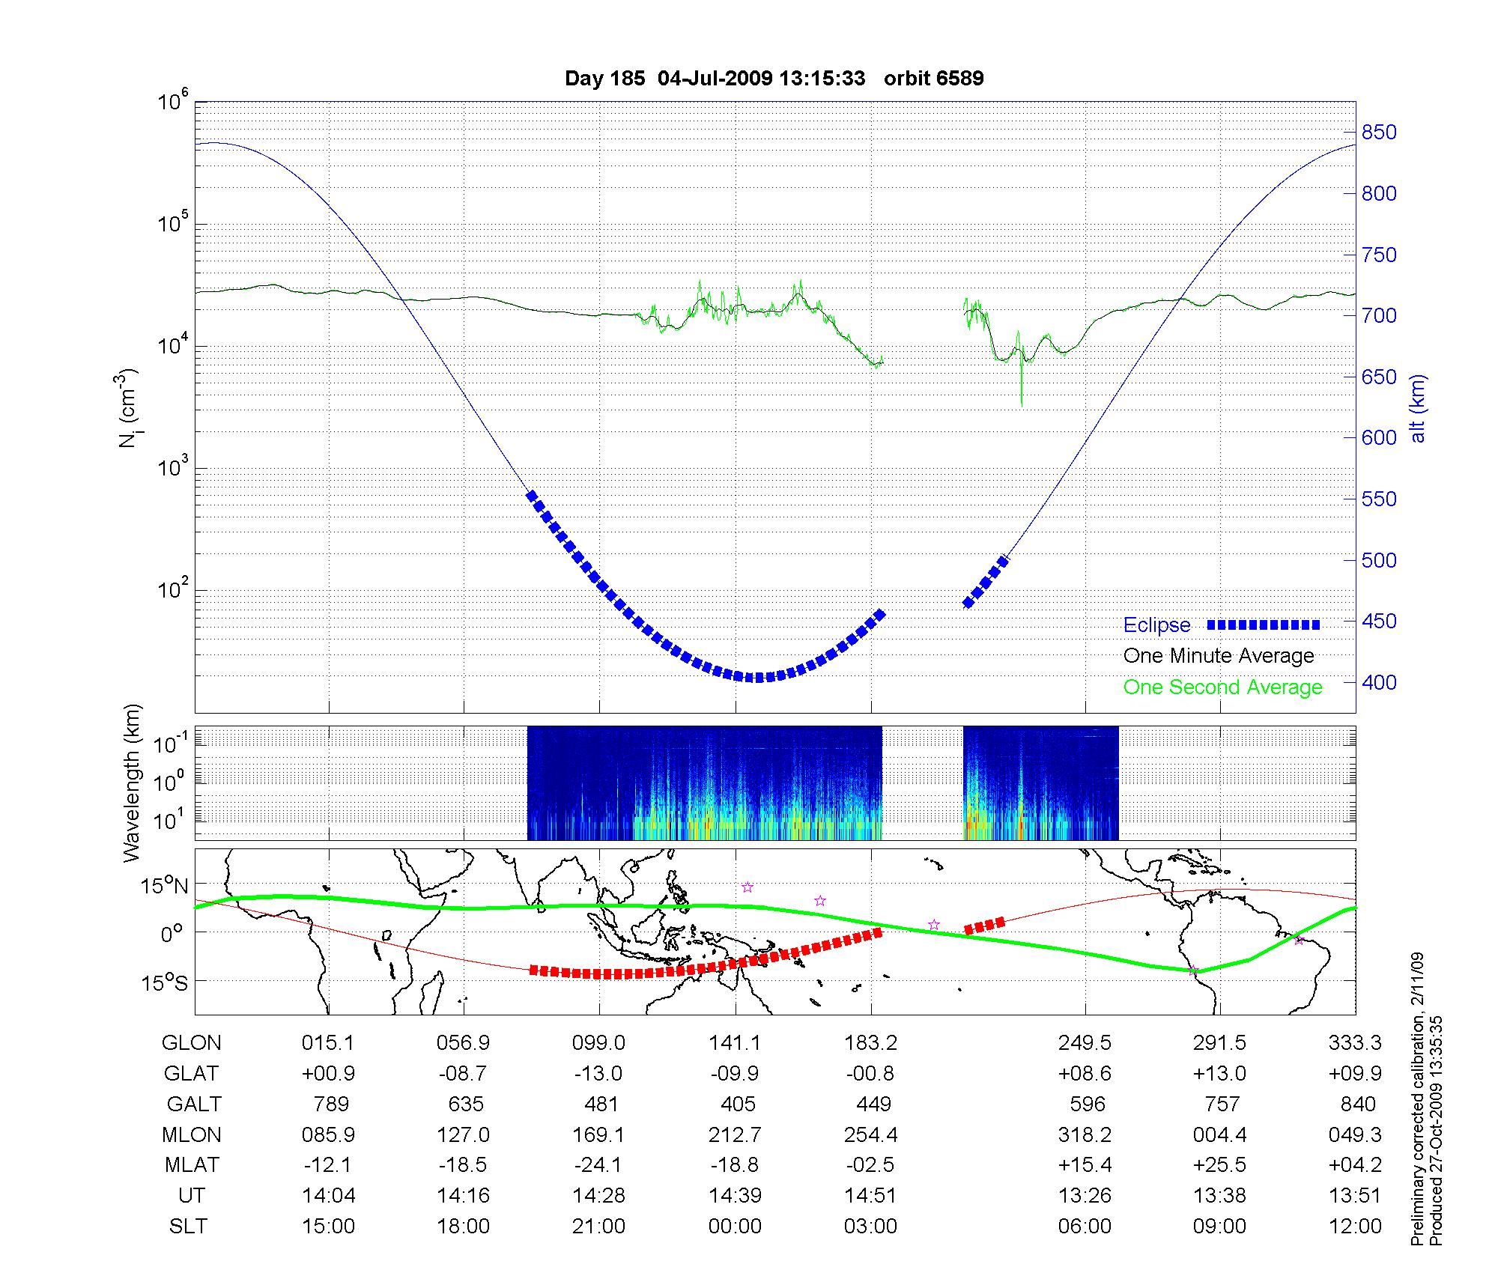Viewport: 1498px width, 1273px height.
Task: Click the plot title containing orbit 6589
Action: point(774,79)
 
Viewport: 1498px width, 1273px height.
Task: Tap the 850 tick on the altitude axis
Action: point(1379,133)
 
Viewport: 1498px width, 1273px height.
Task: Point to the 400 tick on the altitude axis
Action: point(1379,682)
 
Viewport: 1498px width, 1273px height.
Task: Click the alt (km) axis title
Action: point(1419,408)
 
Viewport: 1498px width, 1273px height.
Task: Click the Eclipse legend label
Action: point(1156,625)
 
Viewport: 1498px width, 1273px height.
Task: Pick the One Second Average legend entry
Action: point(1222,687)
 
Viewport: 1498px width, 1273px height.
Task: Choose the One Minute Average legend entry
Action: point(1219,656)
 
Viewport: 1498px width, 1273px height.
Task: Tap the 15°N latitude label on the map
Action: point(165,887)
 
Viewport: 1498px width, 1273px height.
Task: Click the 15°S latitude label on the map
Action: point(165,982)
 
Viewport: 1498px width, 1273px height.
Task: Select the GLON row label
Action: point(192,1043)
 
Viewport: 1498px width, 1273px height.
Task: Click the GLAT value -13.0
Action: point(598,1074)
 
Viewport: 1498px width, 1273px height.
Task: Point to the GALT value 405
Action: point(736,1105)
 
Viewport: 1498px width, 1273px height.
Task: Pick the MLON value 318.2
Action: point(1085,1135)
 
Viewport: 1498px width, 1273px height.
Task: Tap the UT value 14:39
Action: point(736,1196)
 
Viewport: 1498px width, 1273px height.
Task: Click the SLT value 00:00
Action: point(735,1227)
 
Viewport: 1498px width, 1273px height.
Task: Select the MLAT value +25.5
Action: point(1220,1165)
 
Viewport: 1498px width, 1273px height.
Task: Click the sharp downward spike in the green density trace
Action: point(1022,397)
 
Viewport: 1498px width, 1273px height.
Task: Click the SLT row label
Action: point(188,1227)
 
